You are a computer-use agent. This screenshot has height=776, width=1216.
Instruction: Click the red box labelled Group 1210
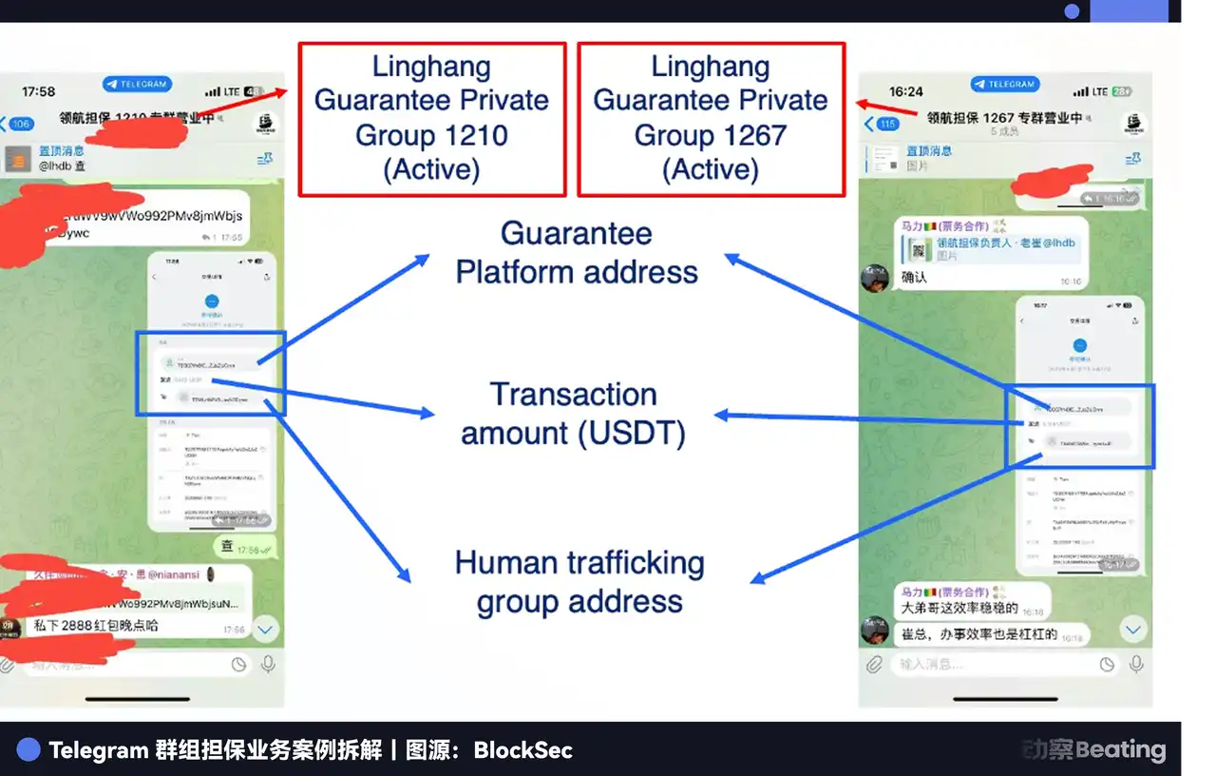[432, 119]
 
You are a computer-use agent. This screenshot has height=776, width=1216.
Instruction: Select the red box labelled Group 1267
[711, 119]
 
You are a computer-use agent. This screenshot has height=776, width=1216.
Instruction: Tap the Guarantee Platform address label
[577, 253]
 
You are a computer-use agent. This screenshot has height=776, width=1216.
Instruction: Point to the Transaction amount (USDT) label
[573, 414]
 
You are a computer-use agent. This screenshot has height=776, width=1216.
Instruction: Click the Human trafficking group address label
[579, 582]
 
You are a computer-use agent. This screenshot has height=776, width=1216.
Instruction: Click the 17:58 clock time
[38, 92]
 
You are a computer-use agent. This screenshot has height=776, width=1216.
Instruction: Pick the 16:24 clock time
[905, 92]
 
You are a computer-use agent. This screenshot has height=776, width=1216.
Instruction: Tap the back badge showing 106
[19, 125]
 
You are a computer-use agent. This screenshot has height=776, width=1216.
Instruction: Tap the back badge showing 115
[884, 125]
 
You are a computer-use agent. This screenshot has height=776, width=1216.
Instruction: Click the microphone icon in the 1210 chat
[269, 665]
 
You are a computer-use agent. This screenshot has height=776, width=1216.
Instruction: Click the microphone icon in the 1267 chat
[1135, 665]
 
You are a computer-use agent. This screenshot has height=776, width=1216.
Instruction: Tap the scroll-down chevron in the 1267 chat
[1132, 630]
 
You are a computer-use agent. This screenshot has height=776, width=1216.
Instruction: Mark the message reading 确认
[914, 278]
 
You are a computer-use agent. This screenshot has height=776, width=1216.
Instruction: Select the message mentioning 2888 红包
[96, 626]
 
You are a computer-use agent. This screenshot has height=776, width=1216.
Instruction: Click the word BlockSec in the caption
[522, 750]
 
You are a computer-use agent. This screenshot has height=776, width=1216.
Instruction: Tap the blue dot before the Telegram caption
[28, 750]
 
